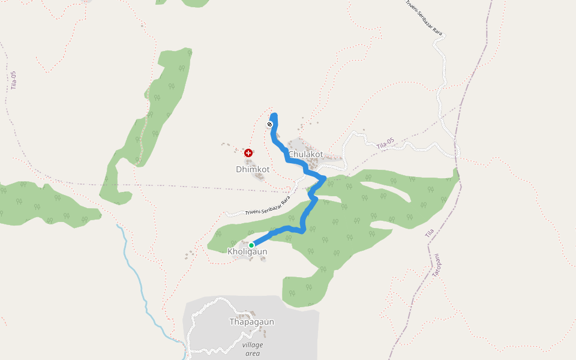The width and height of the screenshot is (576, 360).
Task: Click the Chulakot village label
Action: [x=305, y=154]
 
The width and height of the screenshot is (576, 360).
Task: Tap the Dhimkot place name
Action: [x=253, y=170]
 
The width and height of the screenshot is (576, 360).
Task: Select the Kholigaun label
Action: [x=247, y=251]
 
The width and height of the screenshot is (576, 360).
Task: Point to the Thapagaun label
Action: [x=251, y=322]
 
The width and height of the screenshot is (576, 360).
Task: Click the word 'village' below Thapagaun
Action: [x=253, y=344]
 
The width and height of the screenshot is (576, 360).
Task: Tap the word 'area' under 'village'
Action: [x=253, y=353]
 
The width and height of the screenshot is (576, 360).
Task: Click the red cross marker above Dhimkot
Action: [x=248, y=154]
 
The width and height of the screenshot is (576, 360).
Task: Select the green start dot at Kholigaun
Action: [x=251, y=245]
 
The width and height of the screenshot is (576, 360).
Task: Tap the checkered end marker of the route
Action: [x=270, y=124]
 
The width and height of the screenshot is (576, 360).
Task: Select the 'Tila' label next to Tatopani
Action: [x=429, y=233]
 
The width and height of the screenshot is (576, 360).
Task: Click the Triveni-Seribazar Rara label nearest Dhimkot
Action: [x=268, y=206]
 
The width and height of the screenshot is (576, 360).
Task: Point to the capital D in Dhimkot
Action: [x=239, y=170]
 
